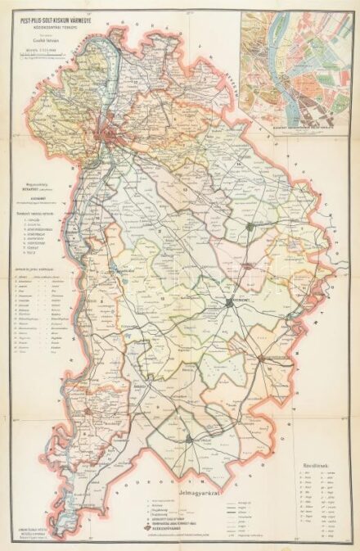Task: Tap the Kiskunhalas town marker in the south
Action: [189, 439]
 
